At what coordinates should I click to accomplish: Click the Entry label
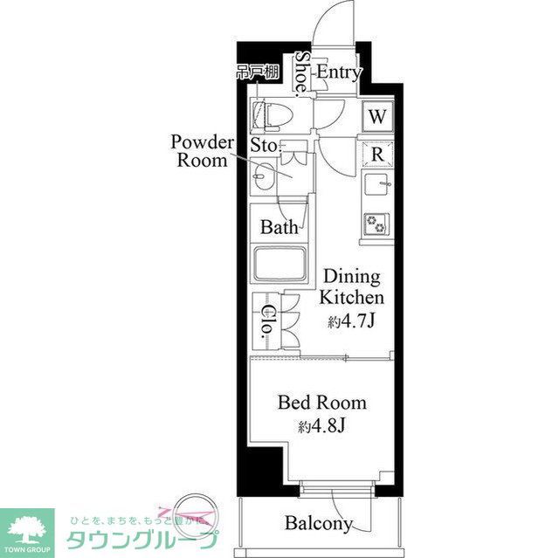(338, 72)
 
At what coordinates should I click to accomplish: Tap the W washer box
(376, 116)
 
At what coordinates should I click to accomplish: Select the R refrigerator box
(377, 154)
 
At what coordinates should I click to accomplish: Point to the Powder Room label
(203, 151)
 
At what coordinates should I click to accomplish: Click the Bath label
(279, 228)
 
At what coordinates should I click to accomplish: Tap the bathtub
(278, 265)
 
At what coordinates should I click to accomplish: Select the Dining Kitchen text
(349, 287)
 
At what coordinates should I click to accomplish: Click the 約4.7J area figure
(350, 321)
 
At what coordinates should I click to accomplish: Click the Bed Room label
(321, 403)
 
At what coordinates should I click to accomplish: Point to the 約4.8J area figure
(321, 427)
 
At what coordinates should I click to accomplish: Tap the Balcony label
(319, 524)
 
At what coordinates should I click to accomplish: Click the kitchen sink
(376, 186)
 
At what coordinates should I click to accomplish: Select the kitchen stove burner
(376, 224)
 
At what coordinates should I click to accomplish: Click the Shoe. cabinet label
(301, 73)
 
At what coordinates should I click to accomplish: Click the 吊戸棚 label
(257, 72)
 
